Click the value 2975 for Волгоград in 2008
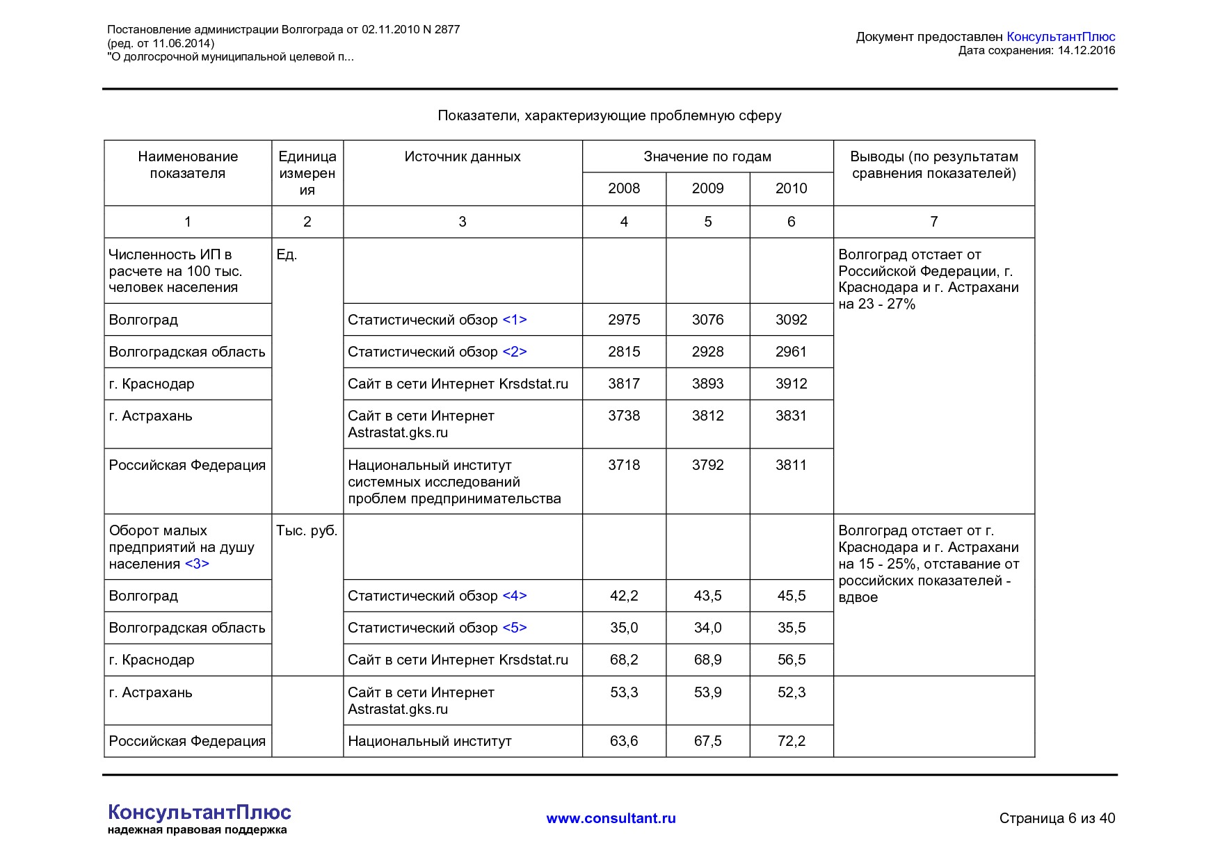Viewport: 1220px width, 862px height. pos(624,320)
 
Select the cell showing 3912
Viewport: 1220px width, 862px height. pos(791,384)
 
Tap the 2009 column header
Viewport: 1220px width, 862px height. pos(707,188)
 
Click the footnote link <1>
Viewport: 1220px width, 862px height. pos(514,320)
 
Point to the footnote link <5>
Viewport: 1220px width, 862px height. pos(514,628)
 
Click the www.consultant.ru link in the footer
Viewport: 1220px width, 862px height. pos(611,818)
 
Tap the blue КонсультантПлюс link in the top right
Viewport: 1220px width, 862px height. pos(1060,37)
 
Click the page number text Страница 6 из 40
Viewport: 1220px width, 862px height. pos(1057,818)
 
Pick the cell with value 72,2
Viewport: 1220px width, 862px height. pos(791,741)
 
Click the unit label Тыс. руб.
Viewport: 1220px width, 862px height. pos(307,531)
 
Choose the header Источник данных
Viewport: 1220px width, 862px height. pos(463,156)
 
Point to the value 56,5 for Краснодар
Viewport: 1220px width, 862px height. pos(791,660)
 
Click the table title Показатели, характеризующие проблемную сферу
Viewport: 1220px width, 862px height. pos(609,115)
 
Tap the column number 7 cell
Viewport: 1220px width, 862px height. pos(933,222)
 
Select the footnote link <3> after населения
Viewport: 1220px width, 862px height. pos(197,564)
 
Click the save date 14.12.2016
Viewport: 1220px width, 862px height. pos(1086,50)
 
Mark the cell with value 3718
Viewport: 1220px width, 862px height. pos(624,465)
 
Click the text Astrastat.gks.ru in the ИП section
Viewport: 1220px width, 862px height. pos(398,432)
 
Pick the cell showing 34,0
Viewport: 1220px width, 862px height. pos(707,628)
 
